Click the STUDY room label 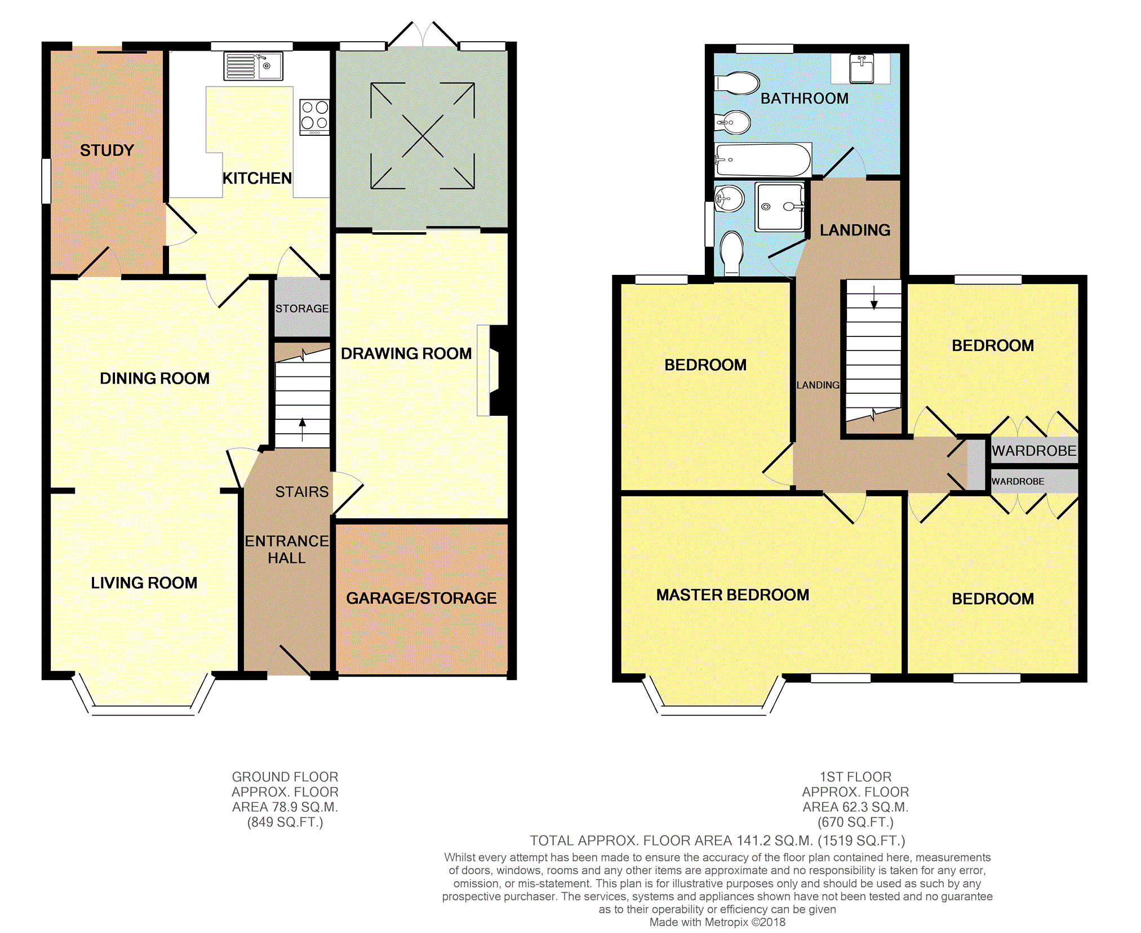pyautogui.click(x=107, y=150)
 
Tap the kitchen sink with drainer pyautogui.click(x=253, y=66)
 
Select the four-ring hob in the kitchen pyautogui.click(x=314, y=116)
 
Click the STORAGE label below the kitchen pyautogui.click(x=302, y=309)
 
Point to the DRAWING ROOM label pyautogui.click(x=406, y=354)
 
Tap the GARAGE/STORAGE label pyautogui.click(x=421, y=598)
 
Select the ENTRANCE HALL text pyautogui.click(x=287, y=549)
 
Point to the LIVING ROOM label pyautogui.click(x=144, y=583)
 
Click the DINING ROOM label pyautogui.click(x=154, y=379)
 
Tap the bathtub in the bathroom pyautogui.click(x=762, y=160)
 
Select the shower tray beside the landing pyautogui.click(x=780, y=207)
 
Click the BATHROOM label pyautogui.click(x=804, y=99)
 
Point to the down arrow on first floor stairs pyautogui.click(x=874, y=298)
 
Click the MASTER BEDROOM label pyautogui.click(x=732, y=595)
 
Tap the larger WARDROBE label pyautogui.click(x=1034, y=451)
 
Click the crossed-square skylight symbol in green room pyautogui.click(x=423, y=136)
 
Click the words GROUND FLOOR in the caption pyautogui.click(x=285, y=777)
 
